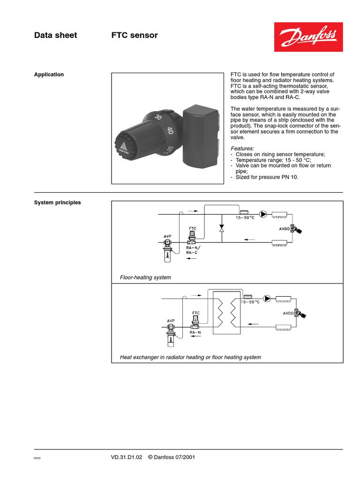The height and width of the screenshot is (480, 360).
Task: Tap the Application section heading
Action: point(49,75)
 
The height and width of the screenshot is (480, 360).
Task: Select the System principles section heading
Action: point(57,202)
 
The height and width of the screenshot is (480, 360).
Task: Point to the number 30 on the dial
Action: point(158,117)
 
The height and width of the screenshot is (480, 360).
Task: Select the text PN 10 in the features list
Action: point(290,177)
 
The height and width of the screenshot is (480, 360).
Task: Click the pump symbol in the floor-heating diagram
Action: point(263,215)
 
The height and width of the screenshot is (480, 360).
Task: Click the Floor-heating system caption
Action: point(145,277)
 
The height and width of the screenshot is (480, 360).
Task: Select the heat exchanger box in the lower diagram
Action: point(227,312)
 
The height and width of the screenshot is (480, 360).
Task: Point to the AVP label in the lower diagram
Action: point(171,321)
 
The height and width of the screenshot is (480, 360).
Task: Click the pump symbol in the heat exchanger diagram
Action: point(267,298)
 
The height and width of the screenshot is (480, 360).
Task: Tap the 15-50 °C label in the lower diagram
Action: point(250,302)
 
